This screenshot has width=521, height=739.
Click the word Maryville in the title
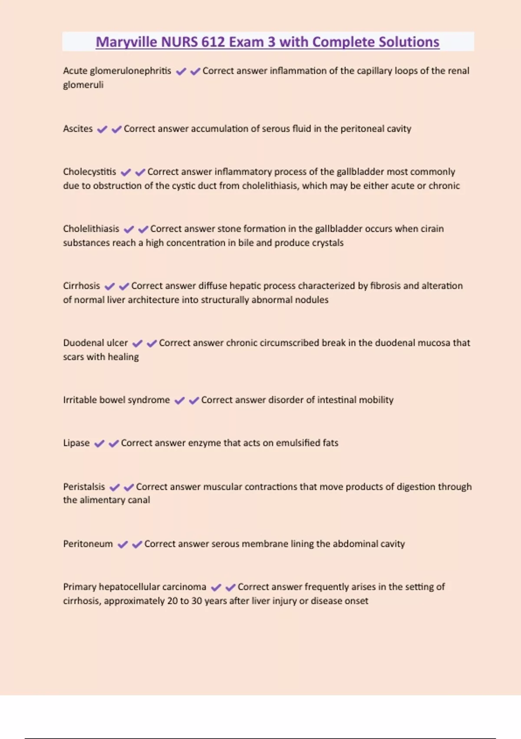click(126, 42)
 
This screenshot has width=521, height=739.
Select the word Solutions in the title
click(409, 42)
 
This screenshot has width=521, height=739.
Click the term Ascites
click(78, 129)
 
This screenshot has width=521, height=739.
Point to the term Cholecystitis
click(89, 172)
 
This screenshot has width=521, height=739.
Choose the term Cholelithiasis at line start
click(91, 229)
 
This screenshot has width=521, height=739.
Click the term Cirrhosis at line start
click(81, 286)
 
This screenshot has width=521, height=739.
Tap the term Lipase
click(76, 443)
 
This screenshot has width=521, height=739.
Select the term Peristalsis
click(84, 487)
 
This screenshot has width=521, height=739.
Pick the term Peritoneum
click(88, 544)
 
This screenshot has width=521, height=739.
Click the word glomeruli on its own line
click(83, 85)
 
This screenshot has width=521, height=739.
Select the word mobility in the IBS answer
click(377, 400)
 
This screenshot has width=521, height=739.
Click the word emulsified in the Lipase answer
click(298, 443)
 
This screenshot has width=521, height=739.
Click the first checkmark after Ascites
click(102, 129)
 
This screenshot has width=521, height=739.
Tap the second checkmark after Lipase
click(114, 443)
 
